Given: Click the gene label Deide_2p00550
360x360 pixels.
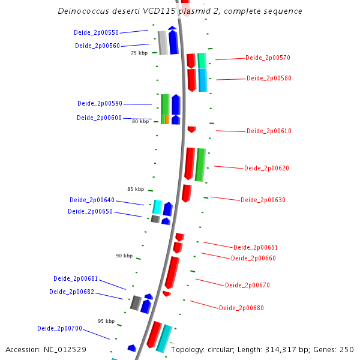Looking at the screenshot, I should pos(96,32).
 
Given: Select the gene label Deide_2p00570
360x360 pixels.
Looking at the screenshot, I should pos(268,58).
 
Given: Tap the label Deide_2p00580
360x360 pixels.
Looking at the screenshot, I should pos(269,79).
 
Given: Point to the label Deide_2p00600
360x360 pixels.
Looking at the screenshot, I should pos(99,118).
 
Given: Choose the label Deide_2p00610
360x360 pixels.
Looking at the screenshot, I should pos(269,131).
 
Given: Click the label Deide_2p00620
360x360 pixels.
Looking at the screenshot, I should pos(266,169).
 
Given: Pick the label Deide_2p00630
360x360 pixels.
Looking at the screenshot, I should pos(263,200).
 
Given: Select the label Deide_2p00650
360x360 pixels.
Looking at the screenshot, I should pos(90,212).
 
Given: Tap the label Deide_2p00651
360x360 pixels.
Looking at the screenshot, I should pos(256,248).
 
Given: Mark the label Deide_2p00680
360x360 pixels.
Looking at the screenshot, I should pos(241,308).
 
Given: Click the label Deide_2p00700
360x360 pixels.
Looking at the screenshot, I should pos(59,329).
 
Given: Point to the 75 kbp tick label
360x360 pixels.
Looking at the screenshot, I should pos(139,53).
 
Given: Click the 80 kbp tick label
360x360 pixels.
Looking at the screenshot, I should pos(140,122).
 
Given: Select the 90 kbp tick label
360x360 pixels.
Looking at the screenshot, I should pos(124,256).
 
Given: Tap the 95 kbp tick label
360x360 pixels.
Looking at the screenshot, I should pos(106,322).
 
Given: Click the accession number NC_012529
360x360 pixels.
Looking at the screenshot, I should pos(65,349).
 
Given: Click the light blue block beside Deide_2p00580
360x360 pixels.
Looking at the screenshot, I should pos(203,80).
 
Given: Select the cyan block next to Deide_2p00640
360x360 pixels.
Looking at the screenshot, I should pos(158,207).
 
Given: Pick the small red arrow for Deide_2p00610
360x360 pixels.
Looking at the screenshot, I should pos(191,129).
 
